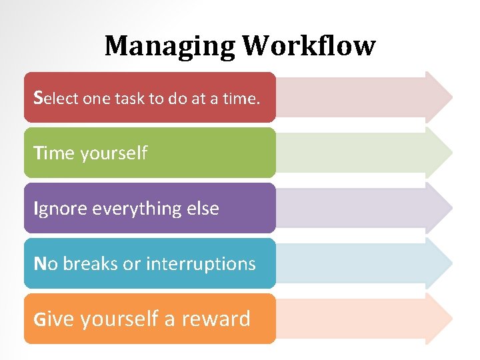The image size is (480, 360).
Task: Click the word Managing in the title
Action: [170, 46]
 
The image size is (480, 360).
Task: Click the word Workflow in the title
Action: [309, 46]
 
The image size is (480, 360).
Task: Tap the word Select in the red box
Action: [56, 98]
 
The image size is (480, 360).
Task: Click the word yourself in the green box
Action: [113, 154]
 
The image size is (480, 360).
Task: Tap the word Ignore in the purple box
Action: [61, 209]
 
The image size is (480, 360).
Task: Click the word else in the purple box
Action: [203, 209]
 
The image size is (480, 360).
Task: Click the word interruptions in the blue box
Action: [201, 264]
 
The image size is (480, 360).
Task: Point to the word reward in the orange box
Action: [217, 319]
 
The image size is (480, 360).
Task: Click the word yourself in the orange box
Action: [119, 320]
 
